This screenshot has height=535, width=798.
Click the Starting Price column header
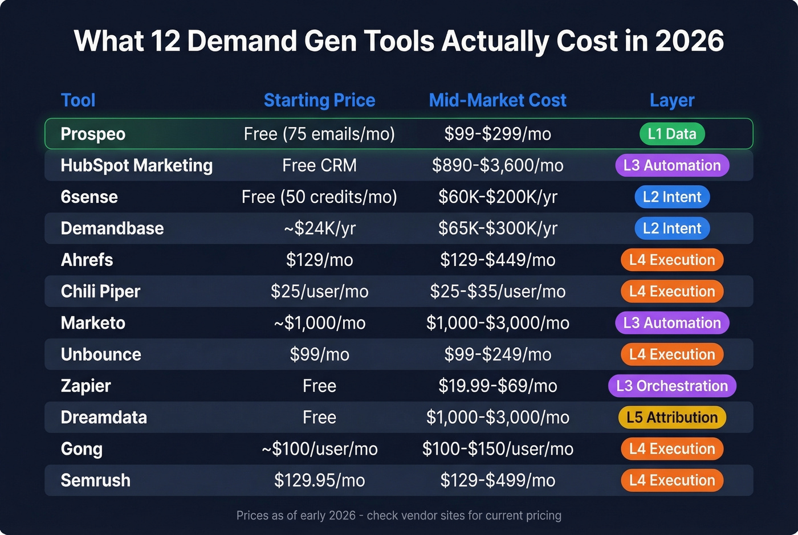(319, 100)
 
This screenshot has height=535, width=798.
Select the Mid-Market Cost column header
(497, 100)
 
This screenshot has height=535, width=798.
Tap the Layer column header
(671, 100)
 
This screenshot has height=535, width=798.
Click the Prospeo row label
(93, 134)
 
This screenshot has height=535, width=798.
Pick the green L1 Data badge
(672, 134)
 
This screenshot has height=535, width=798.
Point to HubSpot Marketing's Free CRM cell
(319, 165)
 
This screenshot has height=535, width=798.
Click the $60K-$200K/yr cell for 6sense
(497, 197)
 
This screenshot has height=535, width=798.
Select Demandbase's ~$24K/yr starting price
(319, 228)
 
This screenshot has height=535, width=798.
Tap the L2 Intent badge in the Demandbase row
(672, 228)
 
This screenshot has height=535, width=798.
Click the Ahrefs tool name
(87, 260)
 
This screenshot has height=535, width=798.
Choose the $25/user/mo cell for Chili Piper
(319, 292)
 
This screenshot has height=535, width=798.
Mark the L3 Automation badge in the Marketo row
(672, 323)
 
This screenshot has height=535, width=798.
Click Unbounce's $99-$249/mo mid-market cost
(497, 354)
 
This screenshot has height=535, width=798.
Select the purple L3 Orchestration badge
(672, 386)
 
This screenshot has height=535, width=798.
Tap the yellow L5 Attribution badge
(672, 418)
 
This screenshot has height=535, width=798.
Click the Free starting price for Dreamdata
(319, 418)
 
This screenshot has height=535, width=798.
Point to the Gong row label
(82, 449)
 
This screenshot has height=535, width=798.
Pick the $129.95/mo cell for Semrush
(319, 480)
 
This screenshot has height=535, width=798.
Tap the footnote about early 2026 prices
(399, 516)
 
